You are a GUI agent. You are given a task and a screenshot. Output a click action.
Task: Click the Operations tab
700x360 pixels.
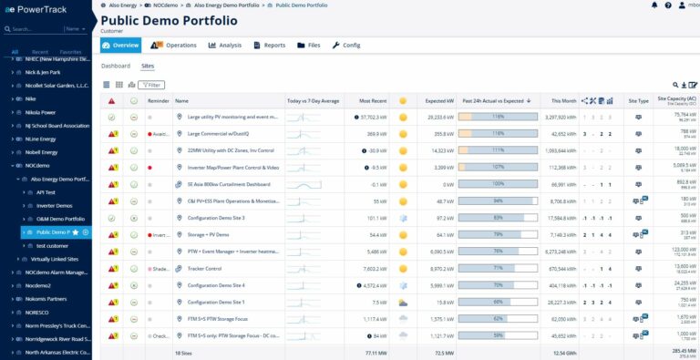[x=173, y=45]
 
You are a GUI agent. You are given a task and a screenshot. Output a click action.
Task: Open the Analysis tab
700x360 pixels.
[x=224, y=45]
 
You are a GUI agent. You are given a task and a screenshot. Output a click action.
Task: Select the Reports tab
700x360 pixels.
[x=269, y=45]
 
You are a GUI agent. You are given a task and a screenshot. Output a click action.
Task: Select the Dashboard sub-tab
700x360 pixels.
[x=115, y=66]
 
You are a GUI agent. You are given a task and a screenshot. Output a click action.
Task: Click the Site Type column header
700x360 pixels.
[x=639, y=100]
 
